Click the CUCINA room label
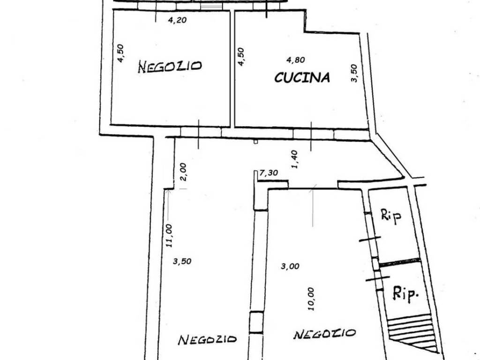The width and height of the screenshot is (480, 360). (x=302, y=77)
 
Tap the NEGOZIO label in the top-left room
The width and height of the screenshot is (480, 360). (x=170, y=67)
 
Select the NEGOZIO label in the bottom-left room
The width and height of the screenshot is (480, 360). (x=208, y=339)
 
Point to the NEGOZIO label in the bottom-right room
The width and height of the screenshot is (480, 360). (x=324, y=334)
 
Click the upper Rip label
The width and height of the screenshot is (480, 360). (x=391, y=216)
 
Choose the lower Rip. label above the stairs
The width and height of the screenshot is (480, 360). (x=405, y=294)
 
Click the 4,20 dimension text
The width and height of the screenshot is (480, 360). (x=178, y=20)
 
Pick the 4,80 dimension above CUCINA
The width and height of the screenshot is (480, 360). (x=295, y=60)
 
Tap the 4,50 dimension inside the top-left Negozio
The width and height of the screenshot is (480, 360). (x=120, y=53)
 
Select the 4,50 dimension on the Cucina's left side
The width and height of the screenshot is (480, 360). (x=241, y=57)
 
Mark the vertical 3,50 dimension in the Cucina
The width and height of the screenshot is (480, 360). (x=354, y=73)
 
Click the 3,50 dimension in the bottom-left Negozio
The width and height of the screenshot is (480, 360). (x=182, y=261)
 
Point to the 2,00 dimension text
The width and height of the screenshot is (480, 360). (x=183, y=172)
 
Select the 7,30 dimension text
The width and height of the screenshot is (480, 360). (x=269, y=173)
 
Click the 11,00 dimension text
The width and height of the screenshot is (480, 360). (x=169, y=235)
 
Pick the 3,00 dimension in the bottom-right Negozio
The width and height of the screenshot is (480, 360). (x=290, y=266)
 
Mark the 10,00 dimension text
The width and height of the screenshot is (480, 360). (x=311, y=299)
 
